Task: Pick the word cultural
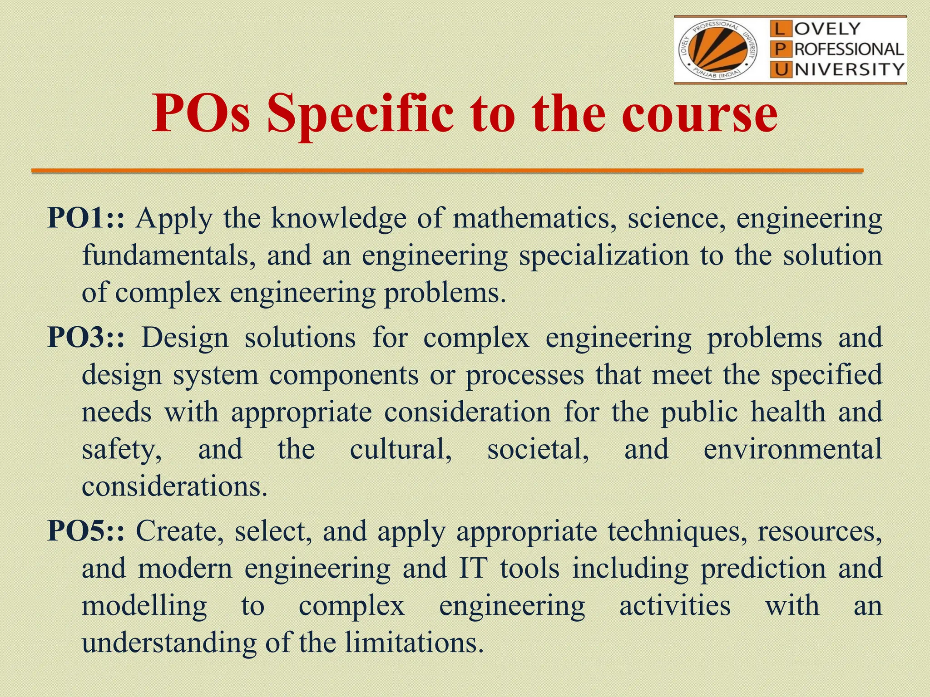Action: point(401,449)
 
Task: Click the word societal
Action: point(538,449)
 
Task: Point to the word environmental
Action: point(792,449)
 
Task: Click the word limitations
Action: point(413,643)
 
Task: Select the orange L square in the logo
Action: point(779,29)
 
